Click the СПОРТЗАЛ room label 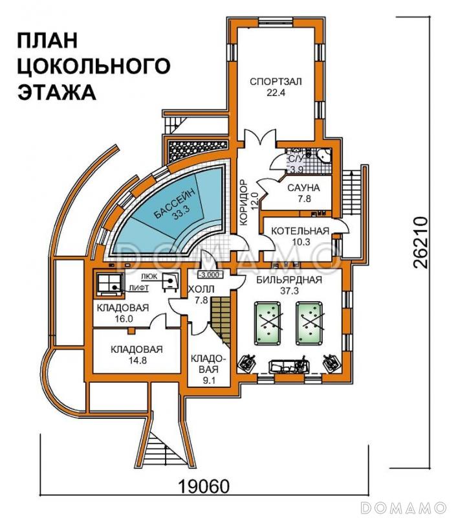point(276,82)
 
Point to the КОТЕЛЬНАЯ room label point(300,231)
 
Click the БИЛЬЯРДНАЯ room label point(289,280)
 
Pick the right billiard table point(311,323)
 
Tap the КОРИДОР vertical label point(245,201)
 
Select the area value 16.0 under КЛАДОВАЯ point(124,319)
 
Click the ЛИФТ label point(136,286)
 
